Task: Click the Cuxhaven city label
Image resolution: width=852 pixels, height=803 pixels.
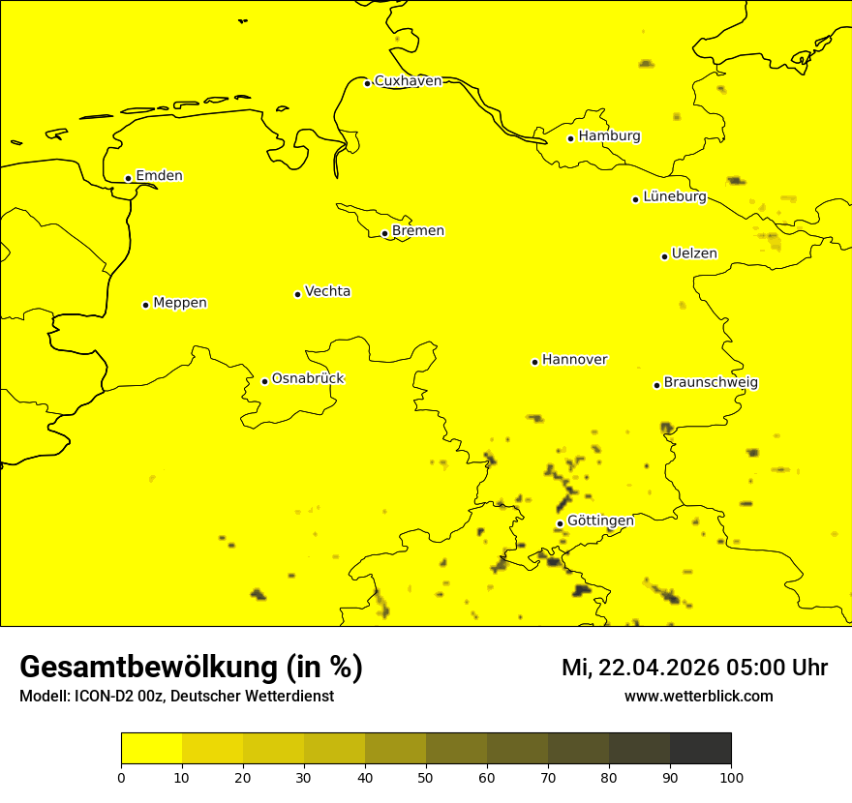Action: coord(408,81)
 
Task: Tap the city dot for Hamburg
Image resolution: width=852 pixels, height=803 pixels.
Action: coord(571,138)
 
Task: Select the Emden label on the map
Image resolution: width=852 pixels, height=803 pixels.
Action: coord(159,176)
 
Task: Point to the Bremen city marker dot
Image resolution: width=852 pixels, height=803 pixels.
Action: coord(384,233)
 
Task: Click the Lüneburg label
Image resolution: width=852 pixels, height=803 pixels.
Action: coord(674,197)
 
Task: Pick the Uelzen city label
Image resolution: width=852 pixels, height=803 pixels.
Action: coord(694,254)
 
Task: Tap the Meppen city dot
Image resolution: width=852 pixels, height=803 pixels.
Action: coord(146,305)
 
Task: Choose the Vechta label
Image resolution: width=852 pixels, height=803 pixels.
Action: coord(327,291)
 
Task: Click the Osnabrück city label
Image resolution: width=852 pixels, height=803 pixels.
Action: coord(308,379)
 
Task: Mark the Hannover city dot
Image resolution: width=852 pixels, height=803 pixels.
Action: coord(534,362)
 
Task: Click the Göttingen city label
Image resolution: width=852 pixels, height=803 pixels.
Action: coord(600,521)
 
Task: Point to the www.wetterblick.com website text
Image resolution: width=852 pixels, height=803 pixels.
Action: coord(698,697)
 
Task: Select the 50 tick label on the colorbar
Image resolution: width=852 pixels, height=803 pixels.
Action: coord(426,777)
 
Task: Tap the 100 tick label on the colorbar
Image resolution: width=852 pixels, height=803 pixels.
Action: coord(731,777)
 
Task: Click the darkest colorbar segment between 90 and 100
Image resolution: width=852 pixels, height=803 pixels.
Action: coord(700,749)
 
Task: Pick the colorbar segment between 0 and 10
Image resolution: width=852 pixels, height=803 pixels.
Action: coord(151,749)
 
